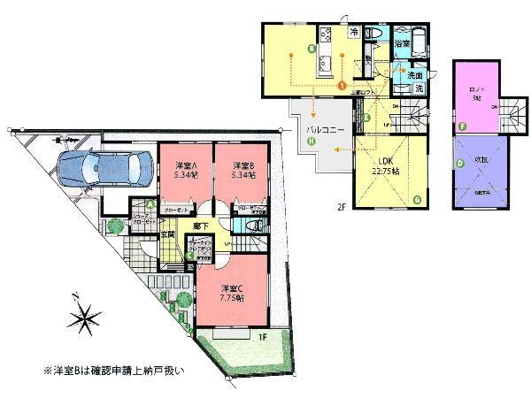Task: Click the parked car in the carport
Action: click(x=96, y=167)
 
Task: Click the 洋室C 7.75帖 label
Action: click(x=234, y=293)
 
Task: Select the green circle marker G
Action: click(x=416, y=200)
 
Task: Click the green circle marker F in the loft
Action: click(x=462, y=126)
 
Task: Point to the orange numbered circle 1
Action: click(x=342, y=85)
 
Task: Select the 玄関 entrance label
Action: click(x=167, y=234)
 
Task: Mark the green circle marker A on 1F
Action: click(x=152, y=205)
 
